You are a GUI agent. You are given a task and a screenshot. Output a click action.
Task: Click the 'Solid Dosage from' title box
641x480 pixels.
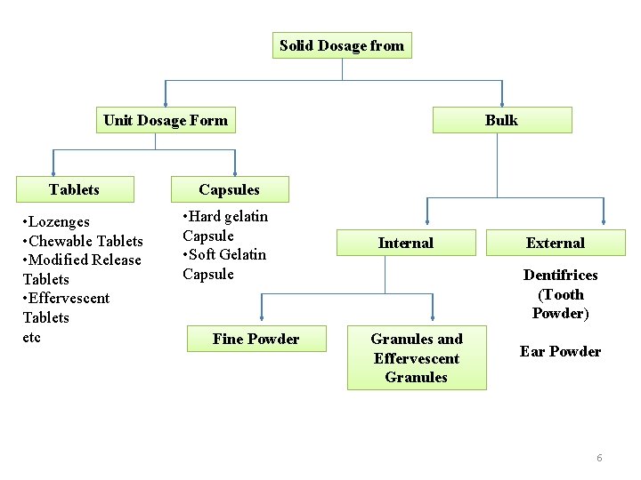coord(342,45)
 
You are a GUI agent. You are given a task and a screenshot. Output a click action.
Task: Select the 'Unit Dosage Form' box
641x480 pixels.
coord(166,120)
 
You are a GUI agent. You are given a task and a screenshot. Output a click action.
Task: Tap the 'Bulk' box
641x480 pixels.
coord(501,120)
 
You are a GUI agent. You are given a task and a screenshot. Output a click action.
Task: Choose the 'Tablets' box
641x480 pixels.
coord(75,189)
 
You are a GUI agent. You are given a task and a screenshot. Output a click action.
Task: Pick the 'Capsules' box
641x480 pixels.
coord(230,189)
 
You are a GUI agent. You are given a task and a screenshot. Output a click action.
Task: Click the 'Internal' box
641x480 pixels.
coord(405,243)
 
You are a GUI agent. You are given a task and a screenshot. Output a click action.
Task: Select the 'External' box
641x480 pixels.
coord(556,243)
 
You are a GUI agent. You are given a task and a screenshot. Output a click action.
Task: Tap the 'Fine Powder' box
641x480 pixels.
coord(256,339)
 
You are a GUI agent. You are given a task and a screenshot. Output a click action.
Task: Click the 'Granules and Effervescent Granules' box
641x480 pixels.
coord(417,357)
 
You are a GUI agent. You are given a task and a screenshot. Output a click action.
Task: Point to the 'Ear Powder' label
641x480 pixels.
coord(560,351)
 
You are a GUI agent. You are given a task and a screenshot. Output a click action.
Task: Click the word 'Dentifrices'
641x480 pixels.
coord(560,275)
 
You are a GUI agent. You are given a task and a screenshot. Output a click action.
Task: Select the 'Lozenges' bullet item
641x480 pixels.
coord(59,221)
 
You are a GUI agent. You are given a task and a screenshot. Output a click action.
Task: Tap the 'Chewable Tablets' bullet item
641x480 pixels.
coord(85,241)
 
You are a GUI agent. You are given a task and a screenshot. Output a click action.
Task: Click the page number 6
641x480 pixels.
coord(599,458)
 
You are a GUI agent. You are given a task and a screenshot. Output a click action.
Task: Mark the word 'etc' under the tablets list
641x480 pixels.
coord(32,337)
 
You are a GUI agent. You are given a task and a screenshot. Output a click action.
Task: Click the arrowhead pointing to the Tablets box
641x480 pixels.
coord(53,172)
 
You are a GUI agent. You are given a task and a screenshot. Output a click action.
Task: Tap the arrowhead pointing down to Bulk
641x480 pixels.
coord(502,100)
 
